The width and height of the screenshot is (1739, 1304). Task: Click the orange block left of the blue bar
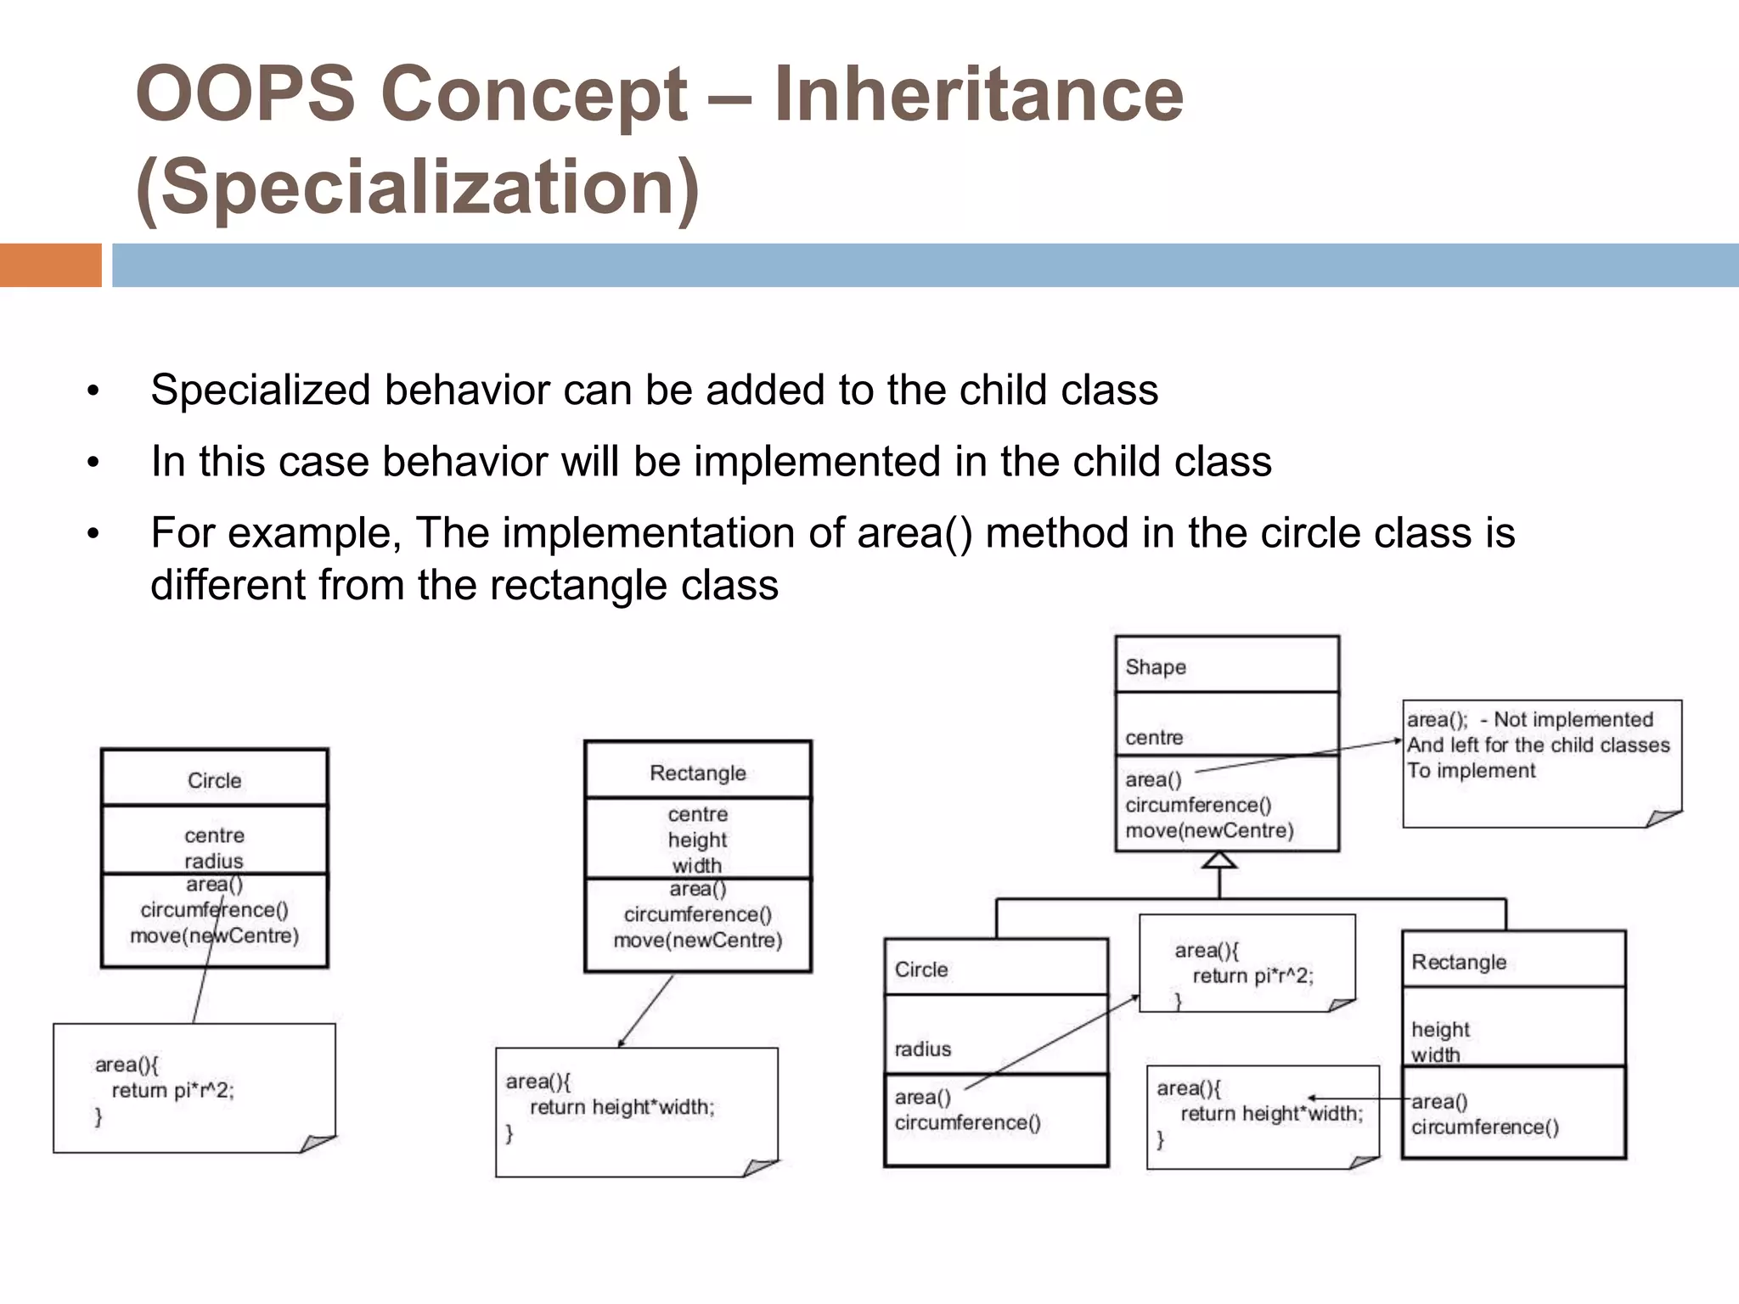click(x=50, y=265)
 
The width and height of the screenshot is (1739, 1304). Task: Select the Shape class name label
click(x=1155, y=667)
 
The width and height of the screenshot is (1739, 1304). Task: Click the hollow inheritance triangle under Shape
click(x=1219, y=860)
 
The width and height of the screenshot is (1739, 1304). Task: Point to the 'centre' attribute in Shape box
click(x=1154, y=738)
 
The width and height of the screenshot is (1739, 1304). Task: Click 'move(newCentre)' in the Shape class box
click(x=1209, y=830)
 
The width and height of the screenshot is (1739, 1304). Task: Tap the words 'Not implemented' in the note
click(x=1573, y=720)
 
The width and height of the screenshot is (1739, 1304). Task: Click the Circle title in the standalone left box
click(x=214, y=780)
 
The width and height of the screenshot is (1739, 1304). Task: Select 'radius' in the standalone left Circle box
click(x=214, y=861)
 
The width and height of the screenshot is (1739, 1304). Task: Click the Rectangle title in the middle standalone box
click(x=697, y=773)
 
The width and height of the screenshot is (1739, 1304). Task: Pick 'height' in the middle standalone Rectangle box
click(x=697, y=840)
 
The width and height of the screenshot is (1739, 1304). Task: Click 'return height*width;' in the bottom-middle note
click(x=622, y=1107)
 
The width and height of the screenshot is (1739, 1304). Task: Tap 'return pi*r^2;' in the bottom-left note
click(x=172, y=1090)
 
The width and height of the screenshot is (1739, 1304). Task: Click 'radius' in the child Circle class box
click(x=922, y=1049)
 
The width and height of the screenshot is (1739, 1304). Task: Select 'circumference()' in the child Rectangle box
click(x=1484, y=1127)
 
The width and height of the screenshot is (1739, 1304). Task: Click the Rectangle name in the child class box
click(x=1458, y=962)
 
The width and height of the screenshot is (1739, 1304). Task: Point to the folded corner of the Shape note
click(x=1663, y=818)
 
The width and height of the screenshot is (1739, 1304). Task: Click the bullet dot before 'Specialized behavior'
click(x=93, y=392)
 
